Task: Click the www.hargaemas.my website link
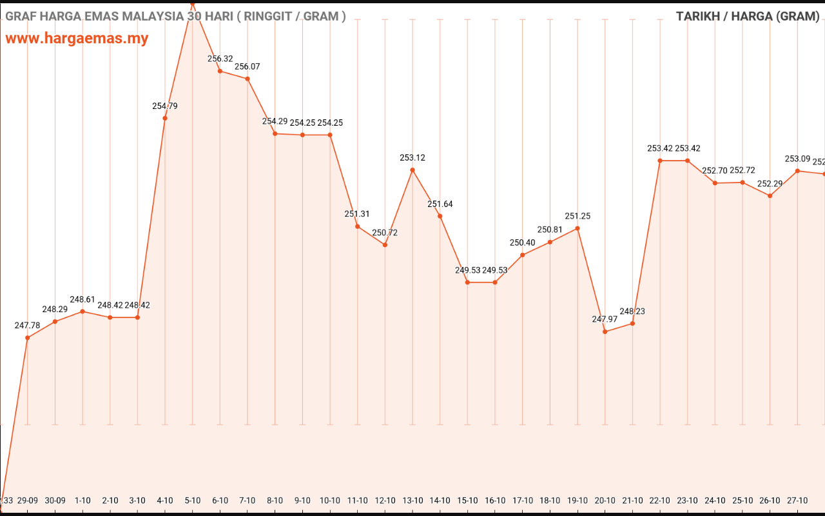tap(77, 38)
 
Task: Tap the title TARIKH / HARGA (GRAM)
tap(748, 16)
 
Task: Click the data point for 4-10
tap(165, 118)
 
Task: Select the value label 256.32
tap(220, 59)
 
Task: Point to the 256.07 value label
tap(247, 66)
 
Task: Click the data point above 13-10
tap(412, 170)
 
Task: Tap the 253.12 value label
tap(412, 157)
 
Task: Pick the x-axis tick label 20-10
tap(605, 501)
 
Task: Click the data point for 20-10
tap(605, 332)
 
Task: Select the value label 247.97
tap(605, 319)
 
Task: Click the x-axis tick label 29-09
tap(28, 501)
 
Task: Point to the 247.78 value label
tap(28, 325)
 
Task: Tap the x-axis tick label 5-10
tap(193, 501)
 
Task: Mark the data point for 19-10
tap(577, 228)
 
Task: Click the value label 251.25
tap(577, 216)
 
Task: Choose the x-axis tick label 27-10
tap(797, 501)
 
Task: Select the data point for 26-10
tap(770, 195)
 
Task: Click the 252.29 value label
tap(770, 184)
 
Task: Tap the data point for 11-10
tap(358, 226)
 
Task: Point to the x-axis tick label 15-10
tap(468, 501)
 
